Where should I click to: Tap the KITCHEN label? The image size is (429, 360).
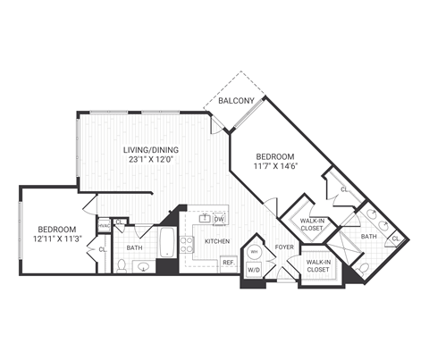(217, 241)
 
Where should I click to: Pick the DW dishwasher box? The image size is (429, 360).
(218, 220)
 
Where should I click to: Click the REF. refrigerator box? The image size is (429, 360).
(228, 263)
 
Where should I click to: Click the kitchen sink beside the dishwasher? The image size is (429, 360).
(203, 219)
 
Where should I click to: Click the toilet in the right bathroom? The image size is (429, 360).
(363, 267)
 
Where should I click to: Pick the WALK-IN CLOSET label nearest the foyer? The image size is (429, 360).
(317, 265)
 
